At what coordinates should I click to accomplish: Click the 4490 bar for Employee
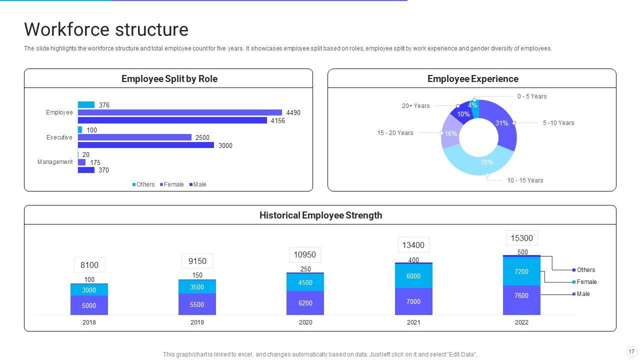[x=180, y=112]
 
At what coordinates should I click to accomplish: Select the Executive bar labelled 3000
[x=146, y=145]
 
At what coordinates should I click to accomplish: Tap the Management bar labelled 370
[x=86, y=170]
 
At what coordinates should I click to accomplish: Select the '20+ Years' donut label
[x=415, y=106]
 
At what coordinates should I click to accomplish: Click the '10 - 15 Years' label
[x=525, y=180]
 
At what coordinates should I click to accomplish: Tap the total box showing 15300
[x=521, y=238]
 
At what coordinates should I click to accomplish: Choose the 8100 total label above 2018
[x=89, y=265]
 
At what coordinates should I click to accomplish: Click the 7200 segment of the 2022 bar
[x=521, y=271]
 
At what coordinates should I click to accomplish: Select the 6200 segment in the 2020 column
[x=305, y=303]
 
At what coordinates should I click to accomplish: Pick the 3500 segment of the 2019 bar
[x=197, y=287]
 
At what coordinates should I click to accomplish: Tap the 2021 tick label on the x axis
[x=413, y=322]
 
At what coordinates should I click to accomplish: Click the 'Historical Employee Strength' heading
[x=320, y=215]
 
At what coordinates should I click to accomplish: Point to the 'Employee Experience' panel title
[x=472, y=79]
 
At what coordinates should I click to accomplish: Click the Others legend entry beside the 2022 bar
[x=585, y=270]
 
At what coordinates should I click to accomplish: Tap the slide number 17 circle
[x=631, y=351]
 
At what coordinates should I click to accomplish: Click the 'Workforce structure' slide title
[x=106, y=29]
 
